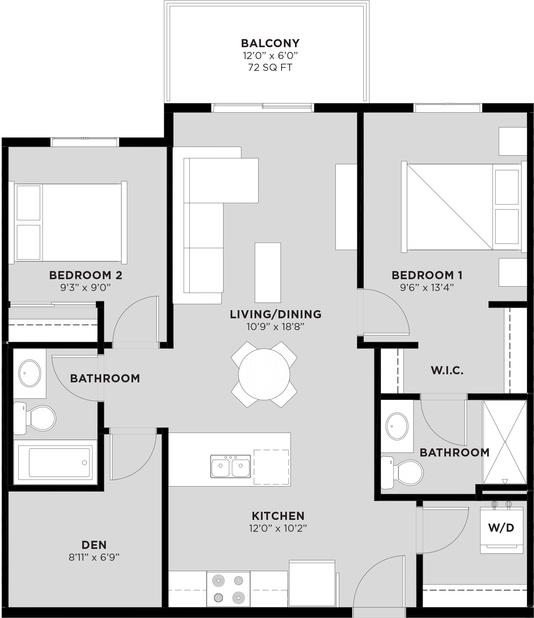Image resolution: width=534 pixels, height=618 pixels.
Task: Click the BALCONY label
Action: point(270,43)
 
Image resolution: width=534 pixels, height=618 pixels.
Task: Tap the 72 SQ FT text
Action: point(270,68)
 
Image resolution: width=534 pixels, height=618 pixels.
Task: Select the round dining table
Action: point(264,374)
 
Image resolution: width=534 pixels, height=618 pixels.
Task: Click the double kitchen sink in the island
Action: point(231,466)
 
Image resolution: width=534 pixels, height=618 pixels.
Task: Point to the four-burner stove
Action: point(228,589)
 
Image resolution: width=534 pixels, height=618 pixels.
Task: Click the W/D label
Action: point(501,528)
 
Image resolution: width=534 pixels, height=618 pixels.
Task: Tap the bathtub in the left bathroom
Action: point(60,462)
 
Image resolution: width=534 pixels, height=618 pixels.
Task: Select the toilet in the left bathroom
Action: point(37,418)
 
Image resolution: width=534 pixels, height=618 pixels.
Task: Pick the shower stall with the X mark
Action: point(505,442)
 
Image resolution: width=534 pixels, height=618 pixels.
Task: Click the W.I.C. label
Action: point(447,371)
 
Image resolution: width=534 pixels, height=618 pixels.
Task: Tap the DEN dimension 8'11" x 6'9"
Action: point(94,557)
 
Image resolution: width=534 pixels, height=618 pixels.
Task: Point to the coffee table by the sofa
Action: point(268,272)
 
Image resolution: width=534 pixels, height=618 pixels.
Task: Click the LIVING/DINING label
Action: point(275,314)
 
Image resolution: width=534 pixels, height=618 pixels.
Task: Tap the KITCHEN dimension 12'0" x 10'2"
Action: point(278,528)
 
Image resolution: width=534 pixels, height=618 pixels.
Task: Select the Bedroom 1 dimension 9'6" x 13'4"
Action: point(427,288)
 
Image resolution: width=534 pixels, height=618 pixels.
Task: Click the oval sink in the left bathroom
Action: point(30,373)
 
